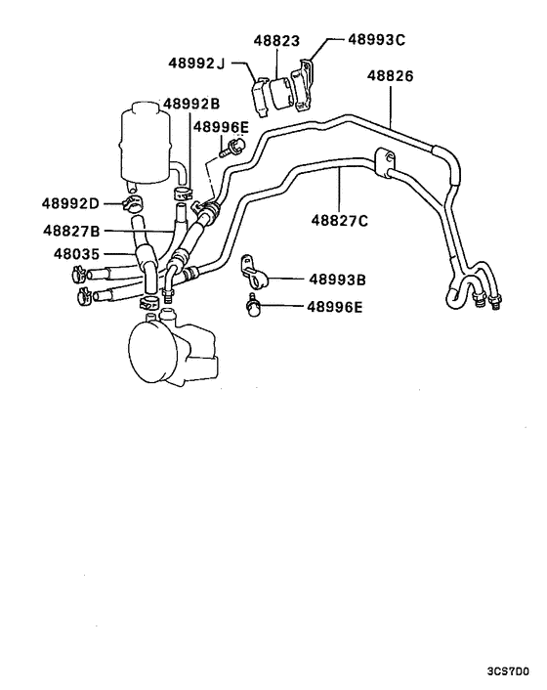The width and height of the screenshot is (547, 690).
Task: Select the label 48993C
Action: coord(377,39)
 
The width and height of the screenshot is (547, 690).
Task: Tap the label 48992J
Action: coord(193,65)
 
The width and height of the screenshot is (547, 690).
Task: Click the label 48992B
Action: coord(191,104)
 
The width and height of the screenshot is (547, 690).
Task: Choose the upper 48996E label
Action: coord(221,126)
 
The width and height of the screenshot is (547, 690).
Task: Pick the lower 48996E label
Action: coord(334,307)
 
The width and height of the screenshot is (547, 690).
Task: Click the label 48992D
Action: coord(70,204)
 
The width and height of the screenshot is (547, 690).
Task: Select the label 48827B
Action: coord(71,232)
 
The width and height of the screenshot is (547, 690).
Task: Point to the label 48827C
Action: coord(339,221)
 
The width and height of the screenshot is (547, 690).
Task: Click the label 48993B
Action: coord(337,280)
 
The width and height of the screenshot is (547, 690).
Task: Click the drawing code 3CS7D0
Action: coord(507,673)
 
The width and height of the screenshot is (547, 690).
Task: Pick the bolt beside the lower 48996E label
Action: coord(255,308)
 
